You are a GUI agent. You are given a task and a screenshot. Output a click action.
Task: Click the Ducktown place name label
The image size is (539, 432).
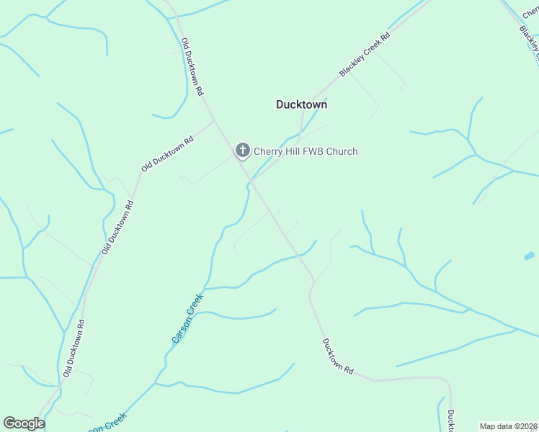pyautogui.click(x=301, y=104)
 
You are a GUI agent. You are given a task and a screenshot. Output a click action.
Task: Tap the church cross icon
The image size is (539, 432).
pyautogui.click(x=243, y=150)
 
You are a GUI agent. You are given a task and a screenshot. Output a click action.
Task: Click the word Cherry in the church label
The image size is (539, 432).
pyautogui.click(x=269, y=151)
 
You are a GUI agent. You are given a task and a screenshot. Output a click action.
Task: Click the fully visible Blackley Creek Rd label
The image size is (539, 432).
pyautogui.click(x=365, y=55)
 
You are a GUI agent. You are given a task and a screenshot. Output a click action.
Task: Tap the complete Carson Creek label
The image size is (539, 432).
pyautogui.click(x=187, y=317)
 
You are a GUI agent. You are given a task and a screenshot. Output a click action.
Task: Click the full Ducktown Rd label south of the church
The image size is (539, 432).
pyautogui.click(x=338, y=356)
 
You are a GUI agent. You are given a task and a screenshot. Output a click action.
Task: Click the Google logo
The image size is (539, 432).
pyautogui.click(x=24, y=423)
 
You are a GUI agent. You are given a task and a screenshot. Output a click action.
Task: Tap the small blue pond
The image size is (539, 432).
pyautogui.click(x=530, y=256)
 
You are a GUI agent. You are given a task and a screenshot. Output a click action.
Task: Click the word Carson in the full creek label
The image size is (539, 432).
pyautogui.click(x=180, y=328)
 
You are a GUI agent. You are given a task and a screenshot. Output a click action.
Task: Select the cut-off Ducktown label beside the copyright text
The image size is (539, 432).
pyautogui.click(x=450, y=421)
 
